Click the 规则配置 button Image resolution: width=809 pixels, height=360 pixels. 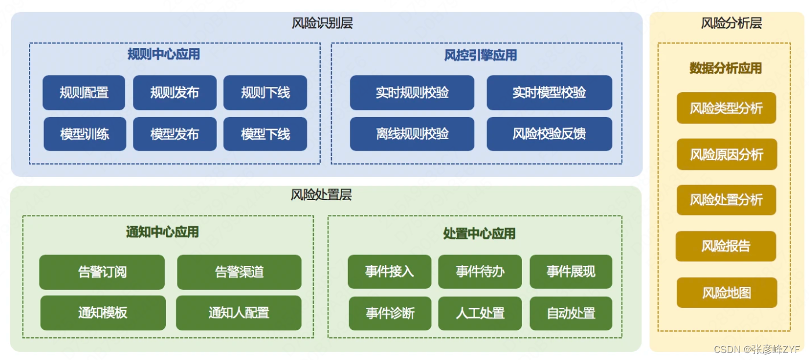pyautogui.click(x=84, y=92)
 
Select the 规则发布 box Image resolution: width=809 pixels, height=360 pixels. pyautogui.click(x=175, y=92)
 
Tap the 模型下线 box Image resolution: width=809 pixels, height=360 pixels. pyautogui.click(x=265, y=134)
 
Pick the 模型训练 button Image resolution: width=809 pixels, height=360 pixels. pyautogui.click(x=85, y=134)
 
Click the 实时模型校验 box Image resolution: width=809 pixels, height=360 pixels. pyautogui.click(x=549, y=92)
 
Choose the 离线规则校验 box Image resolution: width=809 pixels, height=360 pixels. pyautogui.click(x=412, y=134)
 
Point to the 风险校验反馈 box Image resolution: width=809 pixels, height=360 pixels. pyautogui.click(x=549, y=134)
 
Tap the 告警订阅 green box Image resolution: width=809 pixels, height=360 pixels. pyautogui.click(x=102, y=272)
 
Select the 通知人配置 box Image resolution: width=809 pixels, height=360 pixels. pyautogui.click(x=239, y=312)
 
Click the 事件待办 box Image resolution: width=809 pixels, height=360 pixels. pyautogui.click(x=480, y=271)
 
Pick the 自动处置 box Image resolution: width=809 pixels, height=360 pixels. pyautogui.click(x=571, y=314)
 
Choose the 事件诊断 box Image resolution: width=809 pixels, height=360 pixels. pyautogui.click(x=390, y=314)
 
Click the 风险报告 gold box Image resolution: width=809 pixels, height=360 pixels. pyautogui.click(x=726, y=246)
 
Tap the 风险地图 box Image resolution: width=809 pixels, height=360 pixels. pyautogui.click(x=727, y=293)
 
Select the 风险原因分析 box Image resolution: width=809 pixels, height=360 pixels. pyautogui.click(x=727, y=154)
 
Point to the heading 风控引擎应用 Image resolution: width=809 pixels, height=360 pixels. pyautogui.click(x=480, y=55)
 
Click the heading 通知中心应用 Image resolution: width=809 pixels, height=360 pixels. pyautogui.click(x=162, y=232)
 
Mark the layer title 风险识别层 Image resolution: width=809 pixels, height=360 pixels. pyautogui.click(x=322, y=23)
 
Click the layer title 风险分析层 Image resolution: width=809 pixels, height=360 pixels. pyautogui.click(x=731, y=23)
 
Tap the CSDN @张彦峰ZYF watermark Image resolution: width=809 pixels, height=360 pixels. pyautogui.click(x=757, y=349)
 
